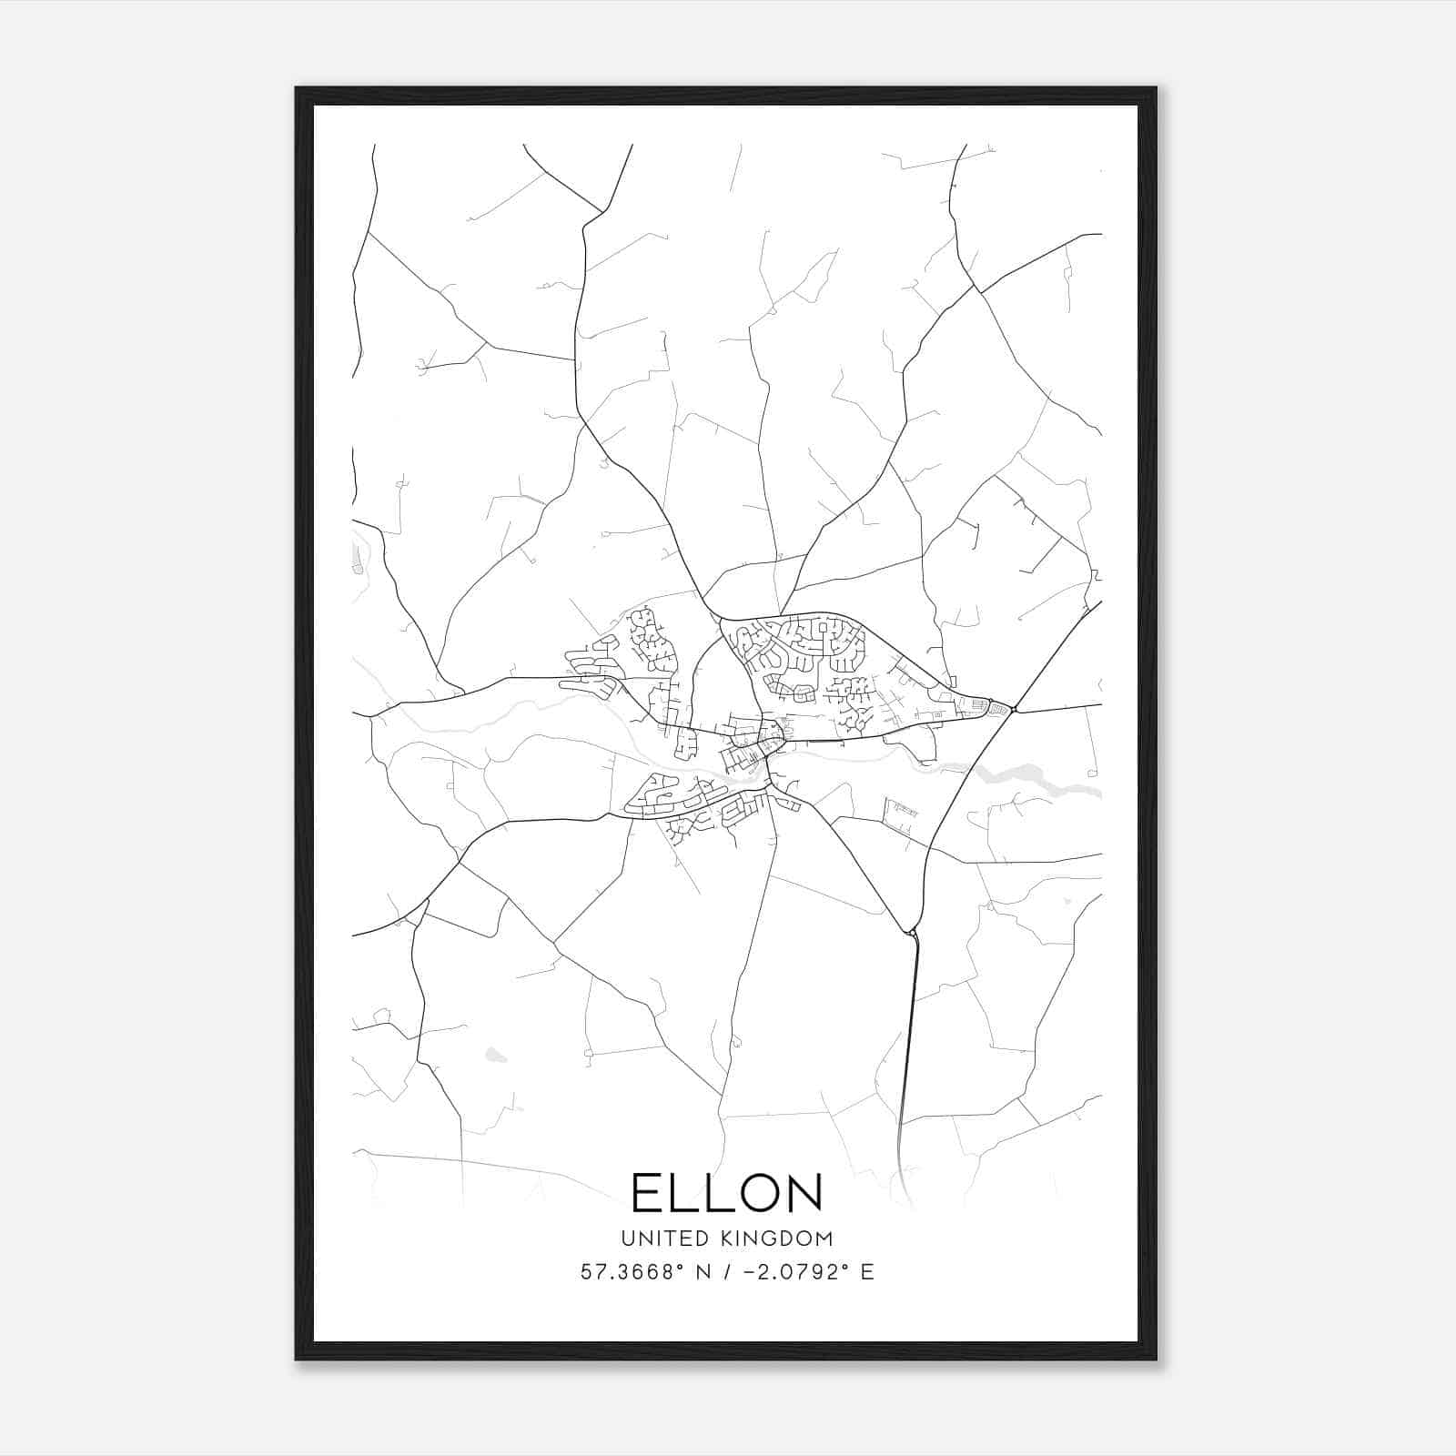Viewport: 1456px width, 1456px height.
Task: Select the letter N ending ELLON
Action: pyautogui.click(x=801, y=1192)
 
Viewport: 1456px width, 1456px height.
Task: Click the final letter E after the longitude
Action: pyautogui.click(x=867, y=1272)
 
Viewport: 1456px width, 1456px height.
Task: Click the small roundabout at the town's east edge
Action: pyautogui.click(x=1013, y=709)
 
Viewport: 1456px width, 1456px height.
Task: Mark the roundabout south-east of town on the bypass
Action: pyautogui.click(x=912, y=932)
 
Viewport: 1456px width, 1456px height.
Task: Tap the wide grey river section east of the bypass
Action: pyautogui.click(x=1019, y=774)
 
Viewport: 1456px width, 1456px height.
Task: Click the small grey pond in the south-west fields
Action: pyautogui.click(x=495, y=1055)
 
